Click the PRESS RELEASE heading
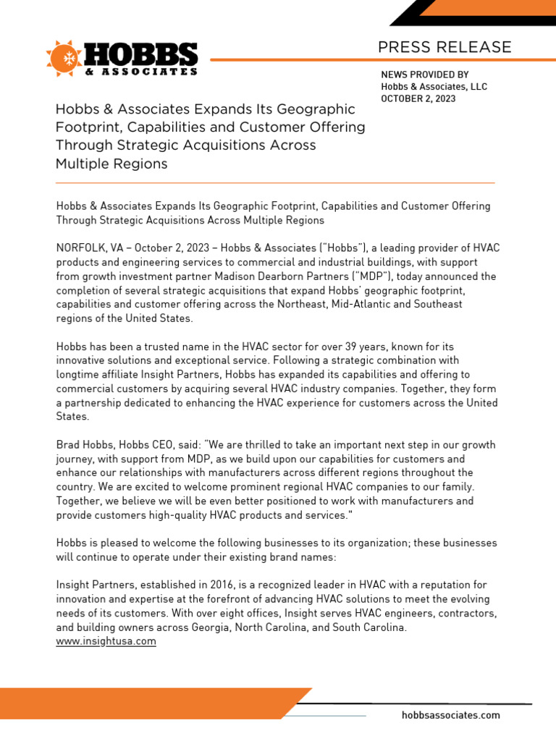(445, 48)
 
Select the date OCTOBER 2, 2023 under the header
(418, 99)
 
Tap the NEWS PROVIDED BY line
(425, 75)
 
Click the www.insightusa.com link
(106, 641)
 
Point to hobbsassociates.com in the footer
(450, 715)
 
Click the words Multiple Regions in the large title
(111, 164)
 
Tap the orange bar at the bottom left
(145, 703)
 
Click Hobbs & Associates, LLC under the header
(434, 87)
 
